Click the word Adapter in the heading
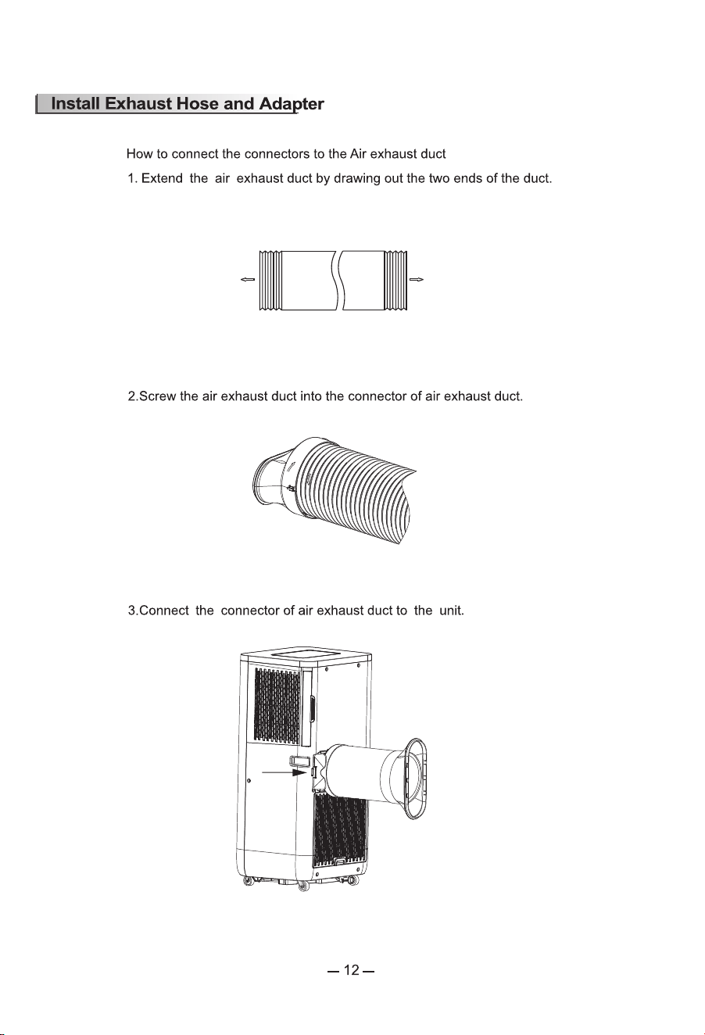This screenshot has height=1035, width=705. pos(292,105)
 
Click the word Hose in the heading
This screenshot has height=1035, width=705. pos(199,103)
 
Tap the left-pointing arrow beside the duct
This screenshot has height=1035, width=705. pos(248,279)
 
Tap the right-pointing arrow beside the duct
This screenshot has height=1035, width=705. pos(417,279)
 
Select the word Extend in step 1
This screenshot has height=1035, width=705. pos(162,178)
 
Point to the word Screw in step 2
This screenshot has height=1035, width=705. pos(158,396)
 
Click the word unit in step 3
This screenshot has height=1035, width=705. pos(451,611)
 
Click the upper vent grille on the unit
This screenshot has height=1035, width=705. pos(277,706)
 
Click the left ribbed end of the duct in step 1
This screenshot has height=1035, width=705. pos(270,280)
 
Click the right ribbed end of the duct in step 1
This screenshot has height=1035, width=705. pos(396,280)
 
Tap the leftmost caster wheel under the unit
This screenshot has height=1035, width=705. pos(248,882)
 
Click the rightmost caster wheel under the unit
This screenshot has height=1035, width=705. pos(353,881)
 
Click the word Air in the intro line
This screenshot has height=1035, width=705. pos(358,154)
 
